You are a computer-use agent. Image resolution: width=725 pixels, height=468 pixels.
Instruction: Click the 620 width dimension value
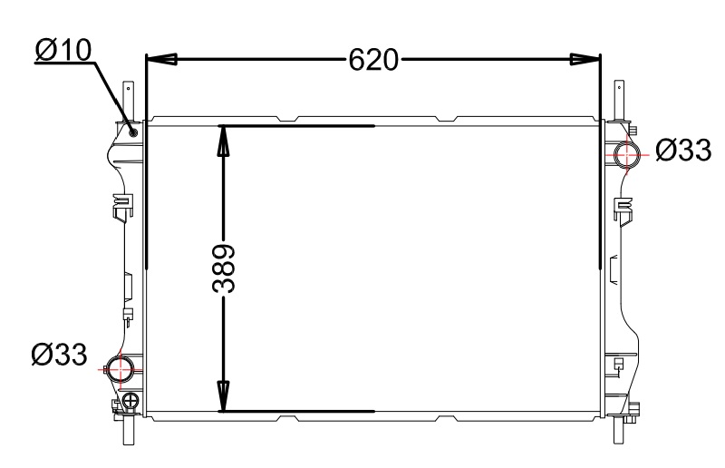point(373,60)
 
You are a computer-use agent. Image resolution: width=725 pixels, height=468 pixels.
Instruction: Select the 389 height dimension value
point(224,268)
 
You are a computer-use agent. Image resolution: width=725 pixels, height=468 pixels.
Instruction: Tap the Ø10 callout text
point(63,51)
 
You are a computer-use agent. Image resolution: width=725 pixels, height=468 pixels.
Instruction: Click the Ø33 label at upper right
point(683,150)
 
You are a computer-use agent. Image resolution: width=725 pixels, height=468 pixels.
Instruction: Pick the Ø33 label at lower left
point(59,354)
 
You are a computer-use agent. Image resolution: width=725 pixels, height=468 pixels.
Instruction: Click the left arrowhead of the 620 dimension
point(162,59)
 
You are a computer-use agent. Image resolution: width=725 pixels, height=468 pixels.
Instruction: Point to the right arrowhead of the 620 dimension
point(585,59)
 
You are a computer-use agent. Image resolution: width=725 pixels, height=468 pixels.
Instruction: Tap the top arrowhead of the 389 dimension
point(223,141)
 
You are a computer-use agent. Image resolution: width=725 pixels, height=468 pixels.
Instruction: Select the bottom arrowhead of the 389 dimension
point(223,395)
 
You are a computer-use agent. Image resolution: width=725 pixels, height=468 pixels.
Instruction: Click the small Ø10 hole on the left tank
point(134,132)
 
